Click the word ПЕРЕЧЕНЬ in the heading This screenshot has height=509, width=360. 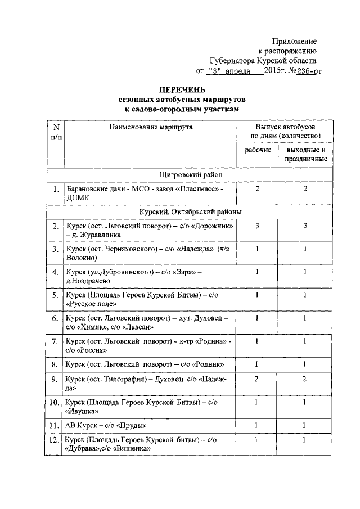(x=182, y=90)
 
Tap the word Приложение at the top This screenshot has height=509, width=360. (x=294, y=42)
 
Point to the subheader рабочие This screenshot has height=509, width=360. (x=258, y=151)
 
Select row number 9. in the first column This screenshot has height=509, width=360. (x=55, y=380)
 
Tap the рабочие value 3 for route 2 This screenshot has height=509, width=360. (x=258, y=225)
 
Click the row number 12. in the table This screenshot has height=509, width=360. (x=55, y=439)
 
